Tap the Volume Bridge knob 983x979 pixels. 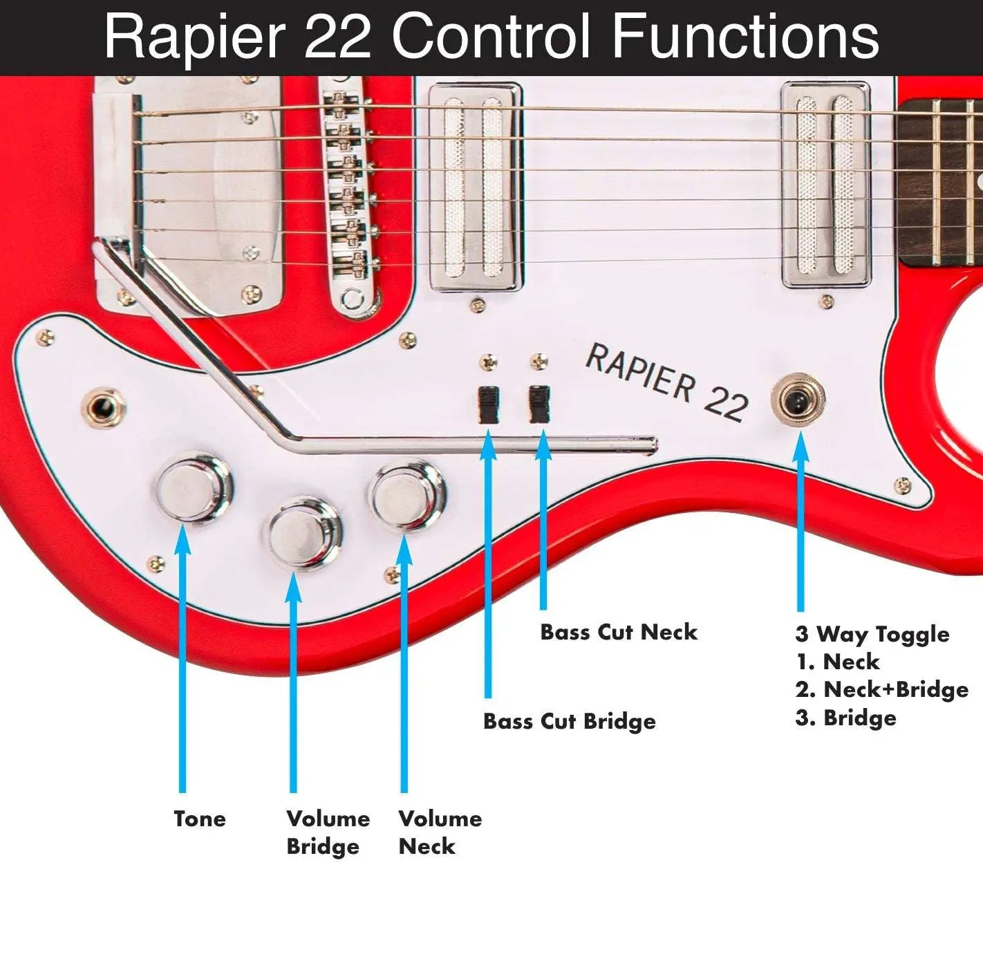point(304,533)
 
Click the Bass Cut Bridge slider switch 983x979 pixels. point(488,404)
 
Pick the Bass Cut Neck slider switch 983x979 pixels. point(539,404)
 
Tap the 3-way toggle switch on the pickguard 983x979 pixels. point(799,400)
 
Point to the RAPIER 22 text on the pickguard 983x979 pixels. point(666,382)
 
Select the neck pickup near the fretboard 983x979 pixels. point(825,185)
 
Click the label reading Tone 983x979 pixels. point(200,819)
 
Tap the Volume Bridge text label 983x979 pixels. point(328,832)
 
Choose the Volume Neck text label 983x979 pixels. point(440,832)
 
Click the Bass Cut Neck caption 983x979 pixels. point(618,632)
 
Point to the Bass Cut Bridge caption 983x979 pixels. point(569,721)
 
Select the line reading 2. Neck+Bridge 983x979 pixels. point(881,689)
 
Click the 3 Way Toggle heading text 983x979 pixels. point(872,634)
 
